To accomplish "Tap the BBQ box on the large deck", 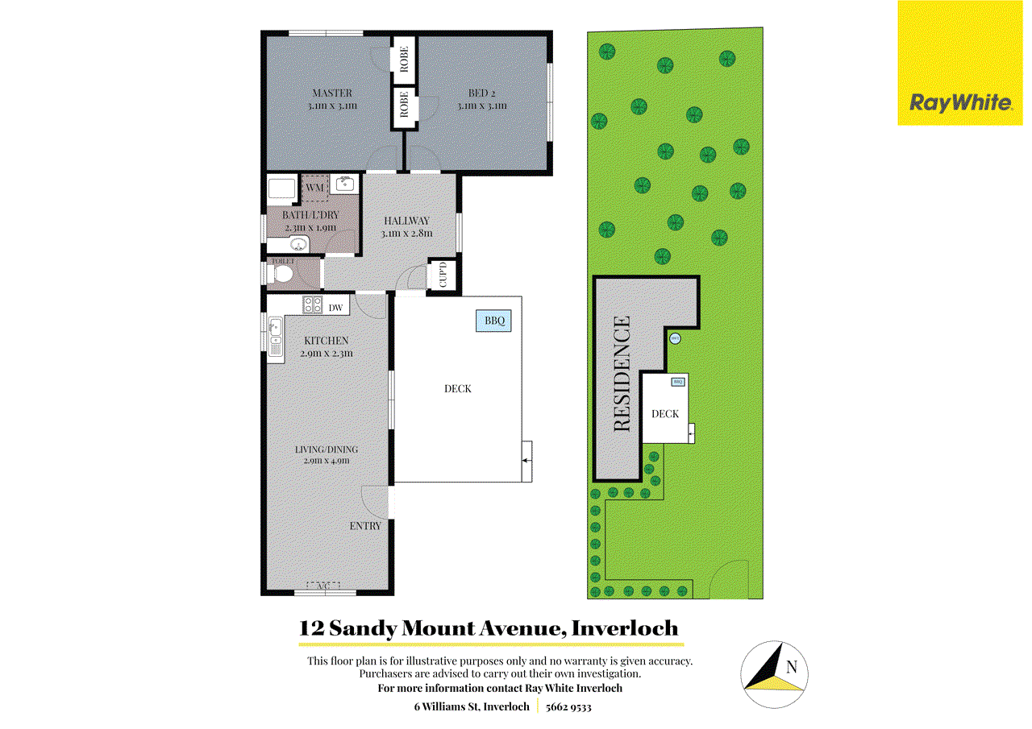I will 494,321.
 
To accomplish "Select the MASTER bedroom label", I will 332,93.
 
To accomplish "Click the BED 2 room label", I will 482,93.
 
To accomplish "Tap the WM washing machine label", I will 314,188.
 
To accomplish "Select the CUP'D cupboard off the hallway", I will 443,276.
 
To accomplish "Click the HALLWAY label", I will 406,221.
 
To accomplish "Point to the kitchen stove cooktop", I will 312,305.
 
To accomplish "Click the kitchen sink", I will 275,335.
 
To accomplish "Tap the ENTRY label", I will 365,526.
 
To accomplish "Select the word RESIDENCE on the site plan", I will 622,374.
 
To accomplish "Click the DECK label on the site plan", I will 665,414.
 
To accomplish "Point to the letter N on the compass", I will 791,667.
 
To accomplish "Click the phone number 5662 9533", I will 568,707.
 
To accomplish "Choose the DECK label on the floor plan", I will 458,389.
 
